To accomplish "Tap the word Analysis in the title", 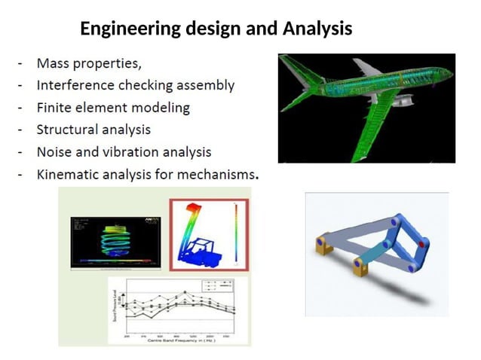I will point(317,29).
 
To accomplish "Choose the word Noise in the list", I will point(55,152).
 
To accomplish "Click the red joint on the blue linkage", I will point(421,244).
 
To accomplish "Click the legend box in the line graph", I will point(218,286).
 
